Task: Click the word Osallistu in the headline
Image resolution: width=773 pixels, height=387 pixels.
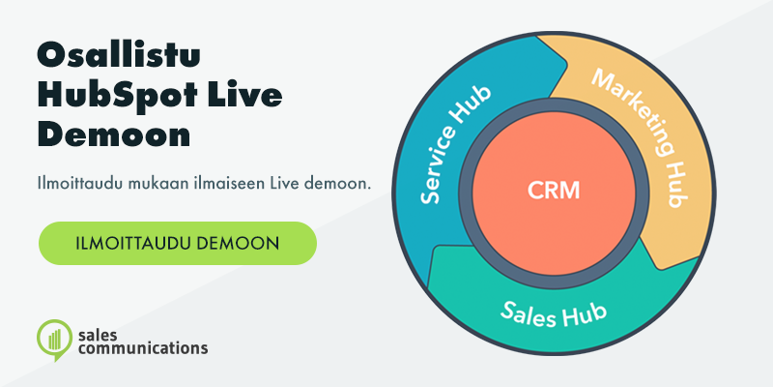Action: (x=119, y=57)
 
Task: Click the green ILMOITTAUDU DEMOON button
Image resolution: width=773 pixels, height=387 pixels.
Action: (x=178, y=244)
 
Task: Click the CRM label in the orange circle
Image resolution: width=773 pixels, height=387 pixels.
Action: (x=554, y=191)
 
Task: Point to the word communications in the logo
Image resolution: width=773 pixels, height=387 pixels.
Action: (x=143, y=348)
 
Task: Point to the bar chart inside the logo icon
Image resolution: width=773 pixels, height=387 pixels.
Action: (x=55, y=338)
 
